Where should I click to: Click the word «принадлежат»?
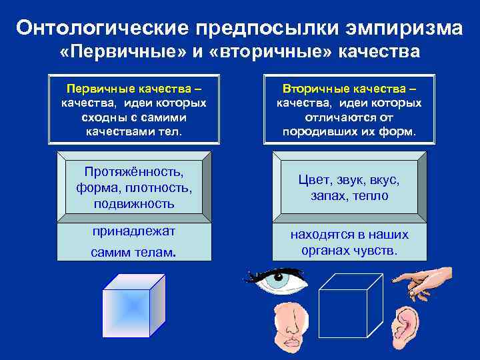[x=134, y=231]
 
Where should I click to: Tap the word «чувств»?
[x=377, y=251]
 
